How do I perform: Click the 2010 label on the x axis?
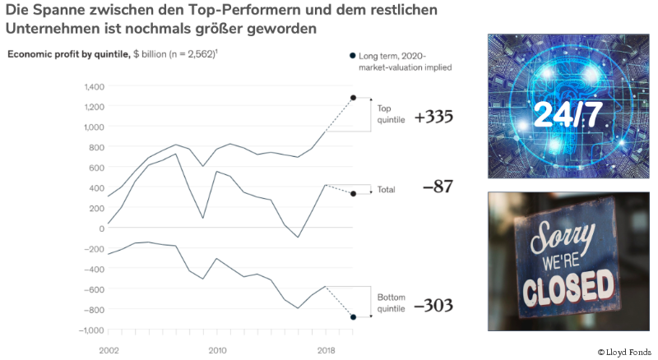[x=217, y=350]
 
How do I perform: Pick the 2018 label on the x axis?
[x=326, y=350]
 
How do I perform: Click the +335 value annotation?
[x=433, y=117]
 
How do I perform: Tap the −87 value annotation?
[x=438, y=187]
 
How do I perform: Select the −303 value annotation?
[x=433, y=305]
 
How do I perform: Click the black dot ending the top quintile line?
[x=353, y=98]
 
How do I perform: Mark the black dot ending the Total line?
[x=353, y=194]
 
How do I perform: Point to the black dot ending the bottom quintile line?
[x=353, y=317]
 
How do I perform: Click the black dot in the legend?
[x=352, y=55]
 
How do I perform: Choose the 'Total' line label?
[x=386, y=190]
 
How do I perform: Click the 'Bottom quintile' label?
[x=392, y=302]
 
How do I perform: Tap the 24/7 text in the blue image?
[x=567, y=113]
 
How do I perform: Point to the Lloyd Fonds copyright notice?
[x=624, y=352]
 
